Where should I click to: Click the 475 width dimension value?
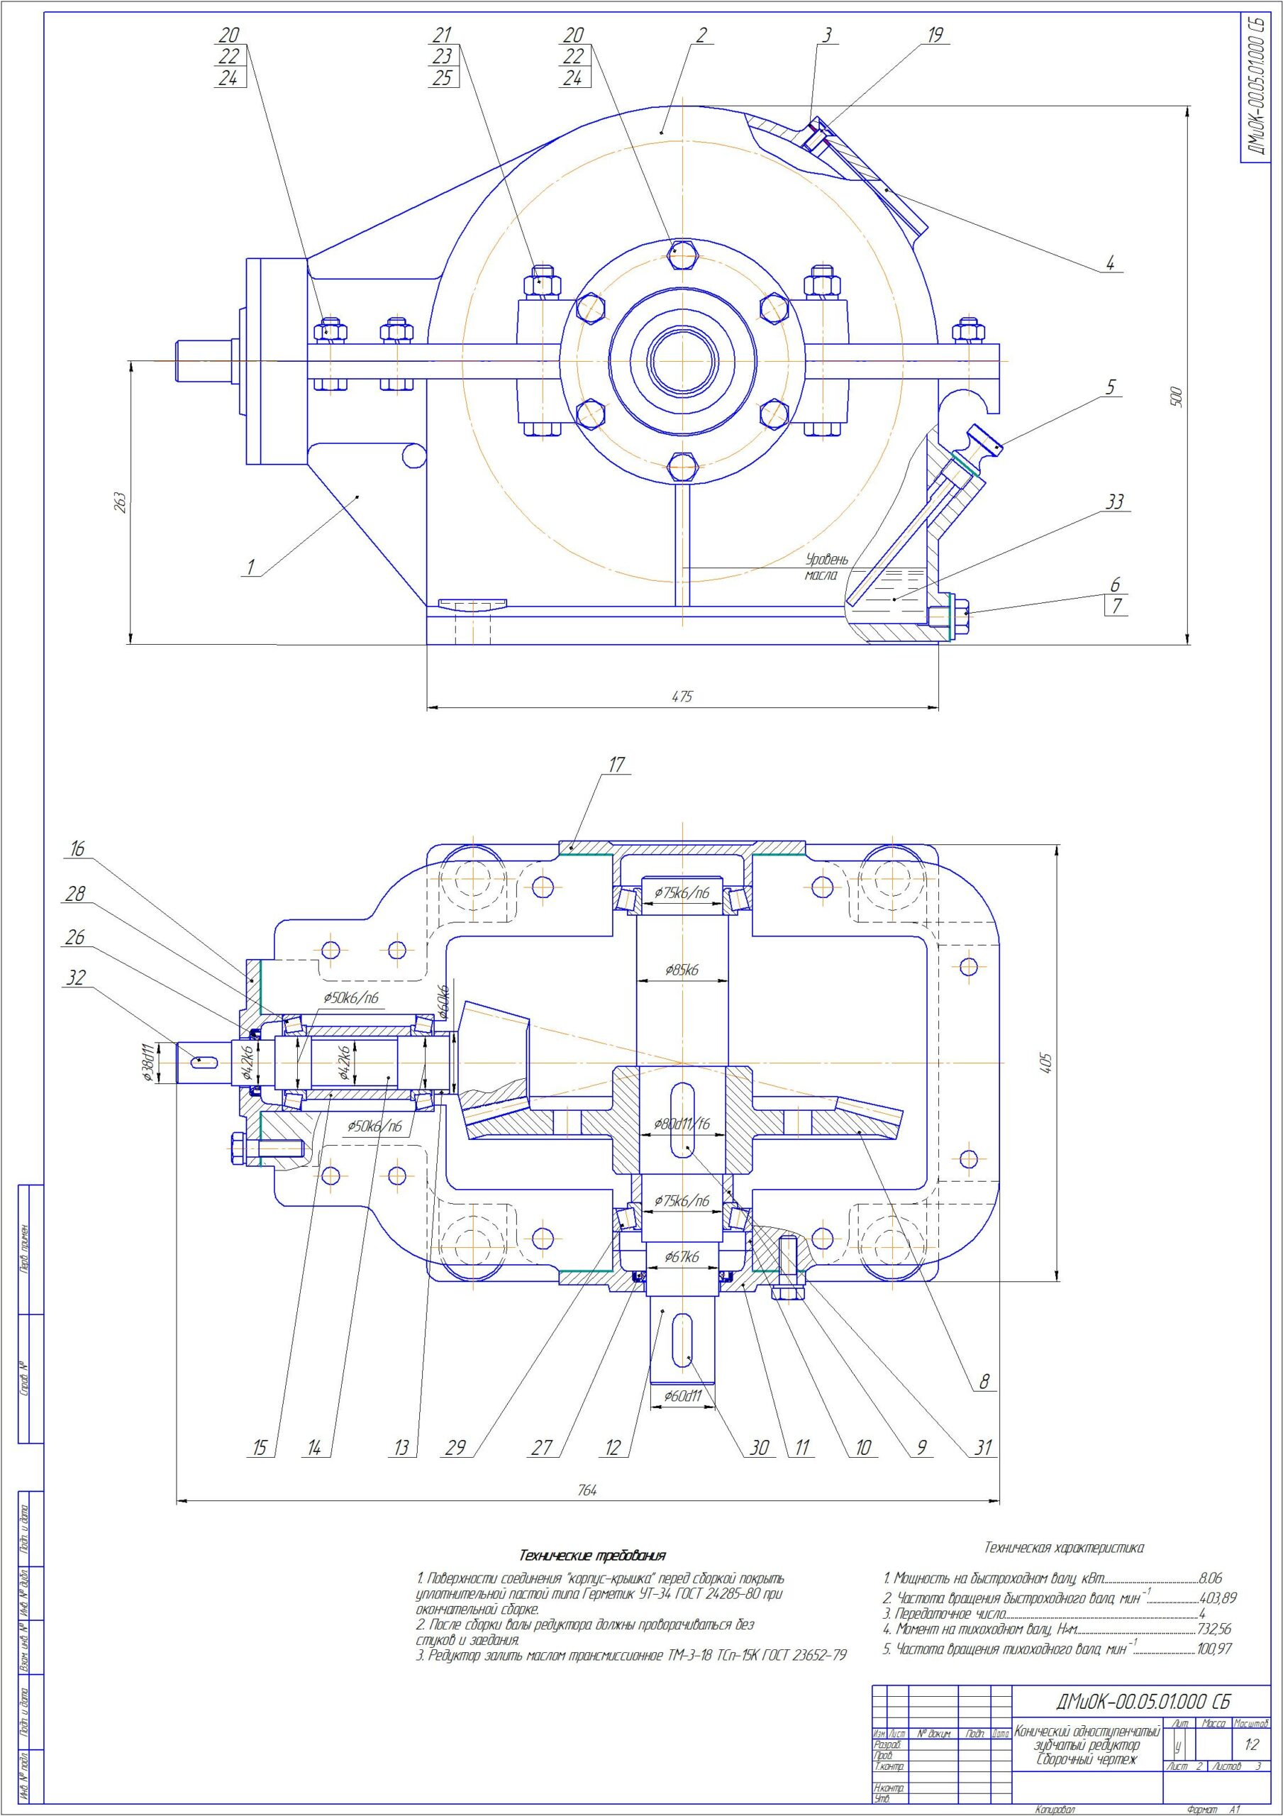681,697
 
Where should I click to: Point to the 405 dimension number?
1045,1062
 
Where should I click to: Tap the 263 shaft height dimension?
119,502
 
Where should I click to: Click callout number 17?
616,764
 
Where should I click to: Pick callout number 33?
1114,502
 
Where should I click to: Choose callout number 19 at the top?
935,35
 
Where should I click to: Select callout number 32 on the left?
75,978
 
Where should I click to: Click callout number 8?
984,1382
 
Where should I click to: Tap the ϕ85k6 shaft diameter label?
681,969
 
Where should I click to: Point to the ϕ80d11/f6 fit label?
681,1123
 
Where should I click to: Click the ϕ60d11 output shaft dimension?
682,1396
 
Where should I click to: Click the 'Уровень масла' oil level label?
826,567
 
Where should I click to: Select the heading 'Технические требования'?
591,1555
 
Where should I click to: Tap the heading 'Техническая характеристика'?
1063,1546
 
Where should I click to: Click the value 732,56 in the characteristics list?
1214,1629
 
